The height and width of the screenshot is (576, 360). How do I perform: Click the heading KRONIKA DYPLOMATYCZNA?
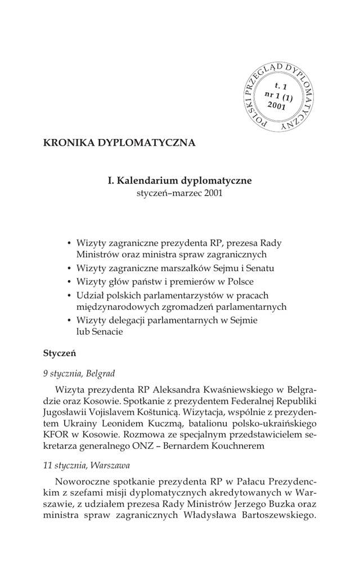point(119,142)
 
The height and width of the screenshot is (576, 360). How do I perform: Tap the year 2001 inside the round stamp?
point(277,105)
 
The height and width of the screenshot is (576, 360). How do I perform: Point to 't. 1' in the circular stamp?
point(281,86)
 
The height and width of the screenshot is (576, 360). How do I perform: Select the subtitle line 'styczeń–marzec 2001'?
point(180,193)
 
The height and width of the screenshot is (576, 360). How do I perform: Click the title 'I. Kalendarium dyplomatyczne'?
point(180,181)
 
